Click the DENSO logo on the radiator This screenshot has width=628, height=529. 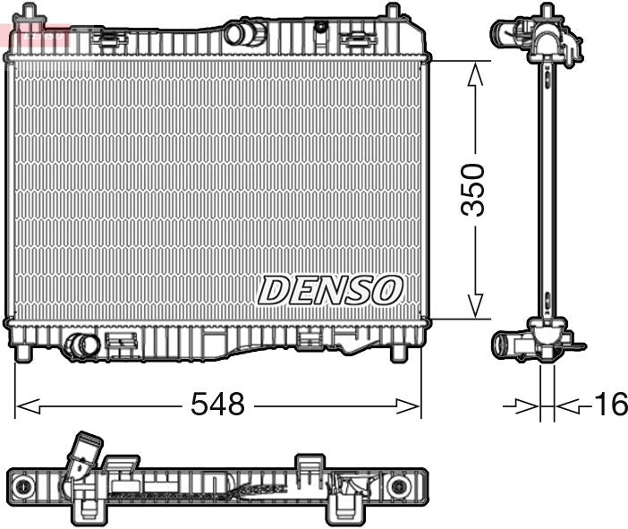pyautogui.click(x=330, y=289)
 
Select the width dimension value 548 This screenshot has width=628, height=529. pyautogui.click(x=217, y=405)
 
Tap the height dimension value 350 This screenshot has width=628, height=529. pyautogui.click(x=473, y=189)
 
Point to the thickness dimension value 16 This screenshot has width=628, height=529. pyautogui.click(x=611, y=405)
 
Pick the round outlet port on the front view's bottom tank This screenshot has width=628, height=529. pyautogui.click(x=81, y=345)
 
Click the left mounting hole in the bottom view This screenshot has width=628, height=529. pyautogui.click(x=24, y=486)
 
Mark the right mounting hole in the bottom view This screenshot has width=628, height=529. pyautogui.click(x=397, y=486)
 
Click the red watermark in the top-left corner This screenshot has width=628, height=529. pyautogui.click(x=36, y=36)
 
